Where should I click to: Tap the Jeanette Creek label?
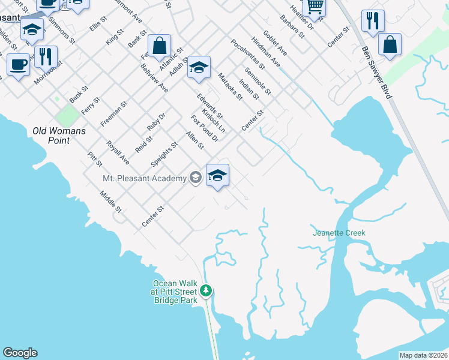point(339,233)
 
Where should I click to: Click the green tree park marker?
point(206,291)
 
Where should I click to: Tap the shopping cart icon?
point(315,7)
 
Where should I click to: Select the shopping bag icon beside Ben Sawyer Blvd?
point(390,43)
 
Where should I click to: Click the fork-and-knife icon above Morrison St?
point(46,56)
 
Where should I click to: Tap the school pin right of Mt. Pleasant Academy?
point(217,175)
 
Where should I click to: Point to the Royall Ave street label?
point(118,153)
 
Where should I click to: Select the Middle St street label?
point(111,202)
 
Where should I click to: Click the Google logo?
point(20,352)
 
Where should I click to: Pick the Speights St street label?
point(164,154)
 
